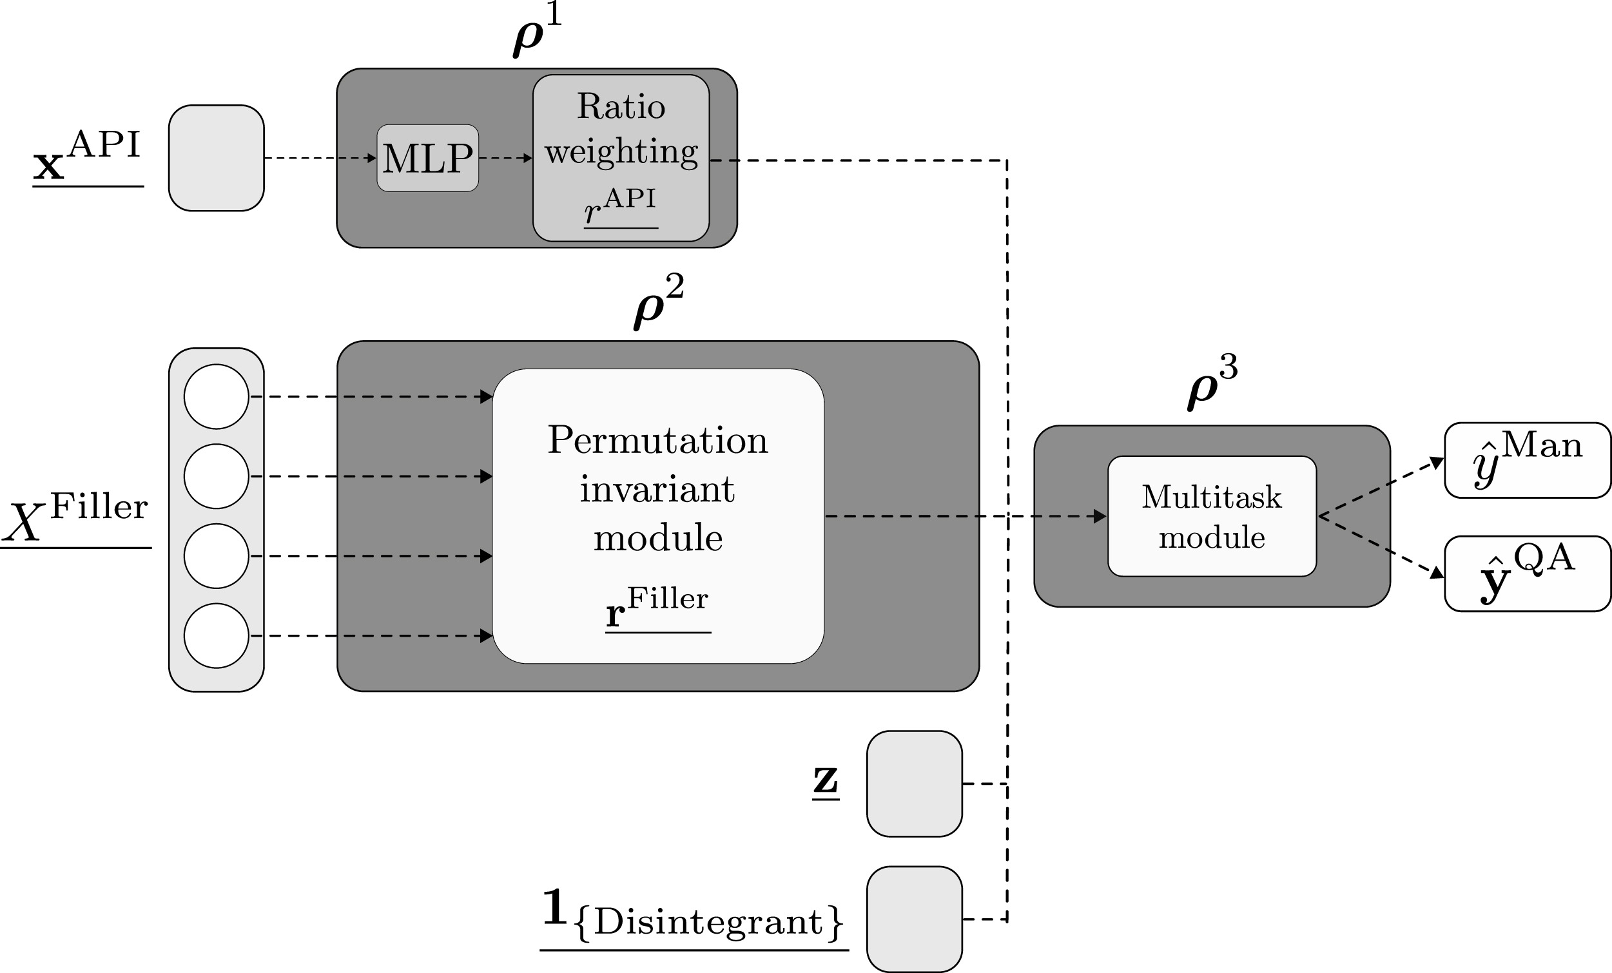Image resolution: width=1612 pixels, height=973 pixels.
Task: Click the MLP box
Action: [x=427, y=159]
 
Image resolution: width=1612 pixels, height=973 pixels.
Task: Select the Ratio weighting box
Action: [x=620, y=158]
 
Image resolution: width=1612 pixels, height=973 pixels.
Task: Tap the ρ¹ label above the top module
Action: [x=536, y=33]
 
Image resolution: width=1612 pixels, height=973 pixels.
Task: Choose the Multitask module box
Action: [x=1212, y=516]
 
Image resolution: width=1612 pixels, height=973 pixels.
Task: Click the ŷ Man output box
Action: [x=1527, y=460]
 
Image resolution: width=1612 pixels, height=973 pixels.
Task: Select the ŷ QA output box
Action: [x=1527, y=573]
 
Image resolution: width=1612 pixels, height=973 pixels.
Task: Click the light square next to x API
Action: [x=216, y=159]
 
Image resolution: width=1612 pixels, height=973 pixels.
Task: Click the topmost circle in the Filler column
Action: [x=216, y=396]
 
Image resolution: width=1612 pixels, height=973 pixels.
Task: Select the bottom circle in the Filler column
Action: [x=216, y=635]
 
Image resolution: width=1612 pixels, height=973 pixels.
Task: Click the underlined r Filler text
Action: [x=657, y=608]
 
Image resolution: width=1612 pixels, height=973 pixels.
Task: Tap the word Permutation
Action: [x=657, y=440]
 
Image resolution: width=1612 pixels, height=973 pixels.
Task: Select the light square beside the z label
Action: [x=914, y=784]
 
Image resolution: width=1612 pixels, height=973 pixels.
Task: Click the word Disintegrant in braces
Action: [x=708, y=923]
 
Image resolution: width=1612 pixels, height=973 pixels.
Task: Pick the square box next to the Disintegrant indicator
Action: [x=914, y=919]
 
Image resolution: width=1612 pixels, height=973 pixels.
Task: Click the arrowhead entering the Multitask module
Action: [x=1100, y=517]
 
